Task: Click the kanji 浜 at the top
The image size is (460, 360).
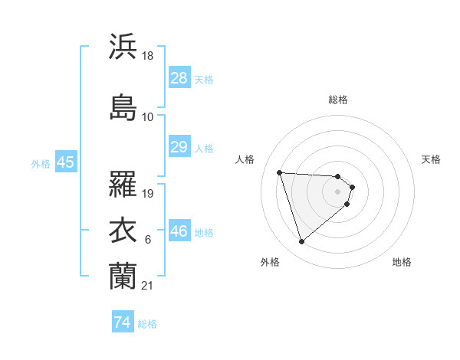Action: click(x=123, y=47)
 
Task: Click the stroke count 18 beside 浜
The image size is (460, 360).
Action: click(x=149, y=56)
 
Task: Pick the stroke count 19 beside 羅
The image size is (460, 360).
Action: click(x=149, y=193)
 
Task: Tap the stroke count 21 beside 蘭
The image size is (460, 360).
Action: click(x=148, y=285)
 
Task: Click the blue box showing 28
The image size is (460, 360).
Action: click(x=179, y=77)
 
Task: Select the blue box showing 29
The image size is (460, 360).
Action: click(x=179, y=147)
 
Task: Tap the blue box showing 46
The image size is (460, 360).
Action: click(x=179, y=231)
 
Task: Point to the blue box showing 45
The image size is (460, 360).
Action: click(x=65, y=162)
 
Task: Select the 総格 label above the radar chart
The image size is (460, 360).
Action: click(x=338, y=100)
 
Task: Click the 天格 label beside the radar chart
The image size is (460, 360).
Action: click(x=431, y=159)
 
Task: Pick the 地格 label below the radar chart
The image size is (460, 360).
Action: click(x=402, y=262)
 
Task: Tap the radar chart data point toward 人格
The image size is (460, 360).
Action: click(x=280, y=172)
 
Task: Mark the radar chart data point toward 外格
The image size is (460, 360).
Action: click(x=301, y=242)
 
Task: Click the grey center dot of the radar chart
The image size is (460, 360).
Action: click(x=338, y=191)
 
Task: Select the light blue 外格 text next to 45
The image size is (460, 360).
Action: click(x=41, y=163)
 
